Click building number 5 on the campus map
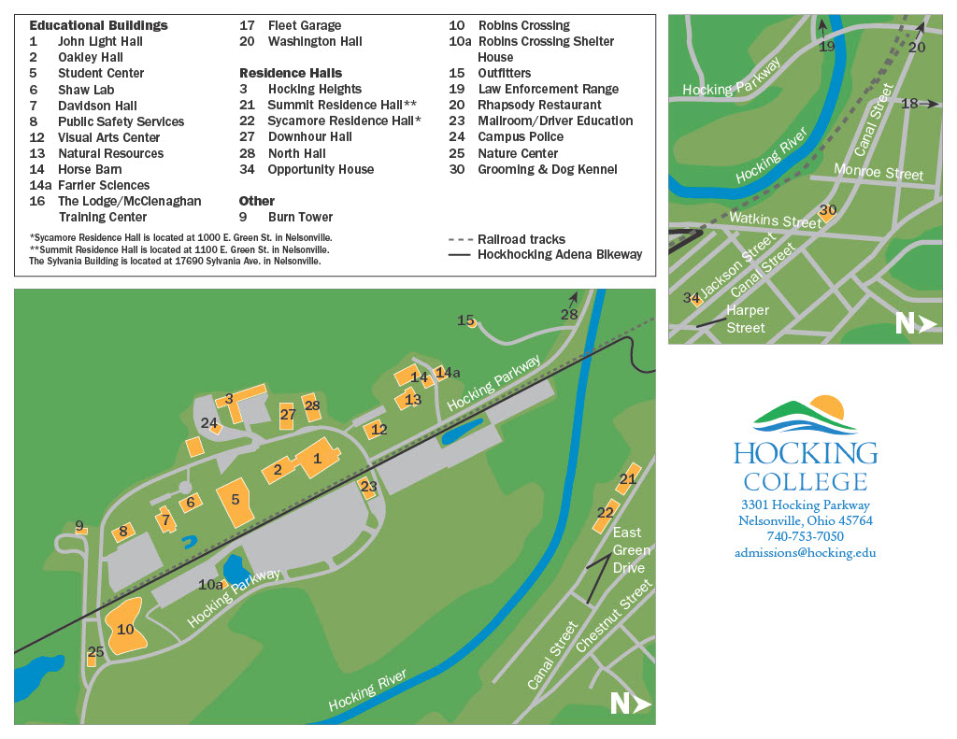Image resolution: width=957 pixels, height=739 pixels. coord(236,503)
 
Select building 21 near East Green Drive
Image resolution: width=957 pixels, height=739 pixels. coord(627,478)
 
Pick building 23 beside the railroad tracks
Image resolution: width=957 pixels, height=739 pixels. coord(368,487)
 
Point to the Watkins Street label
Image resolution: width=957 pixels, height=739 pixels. coord(775,220)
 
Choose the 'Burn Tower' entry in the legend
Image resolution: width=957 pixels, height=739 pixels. coord(300,217)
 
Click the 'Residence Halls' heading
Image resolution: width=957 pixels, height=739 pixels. coord(291,73)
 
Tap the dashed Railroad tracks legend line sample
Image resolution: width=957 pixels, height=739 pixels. coord(460,239)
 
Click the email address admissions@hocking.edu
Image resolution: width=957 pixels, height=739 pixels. coord(805,552)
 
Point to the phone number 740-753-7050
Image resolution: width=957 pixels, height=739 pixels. coord(805,536)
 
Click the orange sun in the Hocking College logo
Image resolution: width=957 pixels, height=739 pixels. coord(827,407)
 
